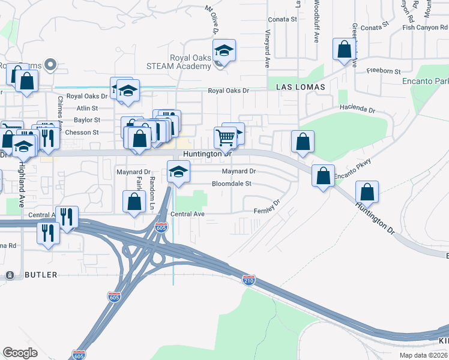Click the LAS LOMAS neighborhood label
[x=300, y=87]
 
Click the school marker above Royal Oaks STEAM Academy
[x=224, y=51]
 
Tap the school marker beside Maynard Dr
[x=178, y=172]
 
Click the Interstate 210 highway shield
[x=249, y=280]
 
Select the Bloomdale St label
[x=231, y=184]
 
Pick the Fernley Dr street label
[x=268, y=208]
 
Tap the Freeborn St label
[x=383, y=71]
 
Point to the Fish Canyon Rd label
[x=426, y=27]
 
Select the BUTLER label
[x=41, y=275]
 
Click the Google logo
[x=20, y=353]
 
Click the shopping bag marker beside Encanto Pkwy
[x=324, y=176]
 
